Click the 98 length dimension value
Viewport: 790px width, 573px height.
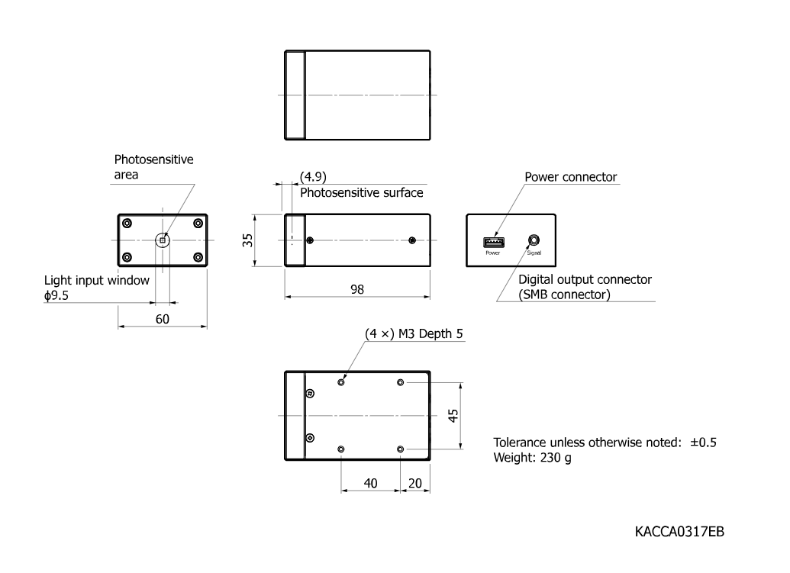point(357,289)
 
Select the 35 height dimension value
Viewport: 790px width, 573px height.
point(247,240)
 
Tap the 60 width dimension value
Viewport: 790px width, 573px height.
point(163,319)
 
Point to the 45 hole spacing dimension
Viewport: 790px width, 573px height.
point(453,415)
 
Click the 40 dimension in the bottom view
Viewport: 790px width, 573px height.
point(370,484)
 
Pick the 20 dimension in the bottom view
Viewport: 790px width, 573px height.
point(415,484)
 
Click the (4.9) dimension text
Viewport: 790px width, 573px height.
point(313,177)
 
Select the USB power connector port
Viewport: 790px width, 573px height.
point(494,242)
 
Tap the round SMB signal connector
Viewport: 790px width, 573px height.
point(534,240)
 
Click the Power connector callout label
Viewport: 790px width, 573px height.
point(570,177)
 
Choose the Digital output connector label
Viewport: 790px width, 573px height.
point(585,279)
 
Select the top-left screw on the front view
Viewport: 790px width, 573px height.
point(127,223)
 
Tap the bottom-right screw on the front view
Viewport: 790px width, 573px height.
point(198,257)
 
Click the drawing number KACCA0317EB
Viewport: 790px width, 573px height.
point(679,532)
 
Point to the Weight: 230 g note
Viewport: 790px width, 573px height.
point(532,458)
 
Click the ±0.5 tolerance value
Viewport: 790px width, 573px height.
point(703,443)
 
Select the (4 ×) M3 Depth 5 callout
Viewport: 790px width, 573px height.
point(414,334)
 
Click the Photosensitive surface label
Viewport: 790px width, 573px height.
point(361,193)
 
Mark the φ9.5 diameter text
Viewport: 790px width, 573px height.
point(56,295)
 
